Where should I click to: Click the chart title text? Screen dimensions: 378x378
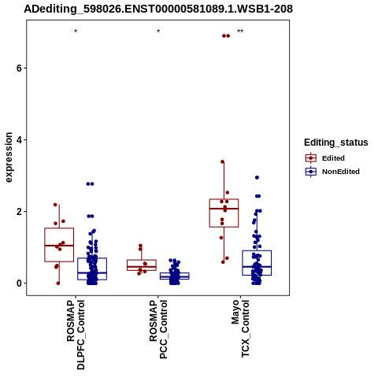click(158, 9)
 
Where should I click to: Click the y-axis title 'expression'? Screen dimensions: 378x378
click(9, 157)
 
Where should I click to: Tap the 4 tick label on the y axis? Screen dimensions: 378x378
click(18, 139)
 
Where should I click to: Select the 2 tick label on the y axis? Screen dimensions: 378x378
click(18, 212)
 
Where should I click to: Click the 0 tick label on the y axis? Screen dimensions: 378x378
click(18, 283)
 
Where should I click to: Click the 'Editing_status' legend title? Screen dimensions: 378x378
click(336, 143)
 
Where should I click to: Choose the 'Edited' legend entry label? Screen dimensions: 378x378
click(333, 158)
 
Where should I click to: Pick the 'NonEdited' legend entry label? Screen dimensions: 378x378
click(341, 172)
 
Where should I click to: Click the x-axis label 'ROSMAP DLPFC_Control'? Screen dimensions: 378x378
click(76, 335)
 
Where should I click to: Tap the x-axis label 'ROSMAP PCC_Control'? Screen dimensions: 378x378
click(158, 329)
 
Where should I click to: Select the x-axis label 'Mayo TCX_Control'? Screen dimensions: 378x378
click(240, 328)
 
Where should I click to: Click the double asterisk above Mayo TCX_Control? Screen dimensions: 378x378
click(240, 31)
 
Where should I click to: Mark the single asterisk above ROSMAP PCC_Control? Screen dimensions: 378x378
click(158, 31)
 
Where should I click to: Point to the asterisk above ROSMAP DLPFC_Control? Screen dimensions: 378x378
click(76, 31)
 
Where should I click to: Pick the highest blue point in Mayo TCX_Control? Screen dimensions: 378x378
click(257, 177)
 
